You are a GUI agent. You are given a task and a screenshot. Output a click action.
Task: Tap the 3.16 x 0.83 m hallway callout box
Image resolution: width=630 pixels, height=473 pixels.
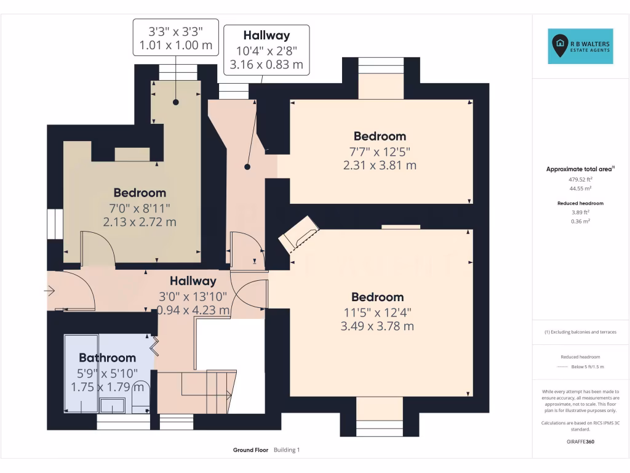(x=266, y=50)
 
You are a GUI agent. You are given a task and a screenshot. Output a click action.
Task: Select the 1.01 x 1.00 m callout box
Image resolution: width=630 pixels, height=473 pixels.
(x=175, y=37)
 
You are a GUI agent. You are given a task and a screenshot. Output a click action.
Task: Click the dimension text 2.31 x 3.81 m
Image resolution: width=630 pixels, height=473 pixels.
(x=379, y=165)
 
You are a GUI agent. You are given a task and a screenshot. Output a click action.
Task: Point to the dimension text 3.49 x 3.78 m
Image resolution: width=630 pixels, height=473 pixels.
(x=377, y=326)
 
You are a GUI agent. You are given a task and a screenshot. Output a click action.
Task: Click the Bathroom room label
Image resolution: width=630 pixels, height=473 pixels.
(x=107, y=358)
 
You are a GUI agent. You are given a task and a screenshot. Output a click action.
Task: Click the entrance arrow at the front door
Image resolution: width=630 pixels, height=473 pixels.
(x=50, y=289)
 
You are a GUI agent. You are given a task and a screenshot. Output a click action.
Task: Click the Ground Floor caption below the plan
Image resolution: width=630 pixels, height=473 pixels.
(x=250, y=450)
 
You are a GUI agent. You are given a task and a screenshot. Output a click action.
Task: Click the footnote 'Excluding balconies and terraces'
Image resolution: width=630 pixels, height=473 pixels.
(x=580, y=332)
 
